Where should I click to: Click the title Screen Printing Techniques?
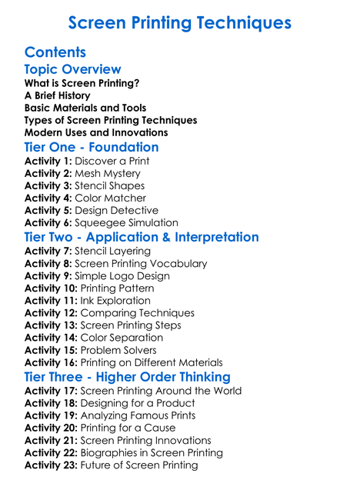click(x=179, y=23)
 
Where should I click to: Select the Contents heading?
click(x=55, y=52)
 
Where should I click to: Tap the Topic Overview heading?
click(x=72, y=69)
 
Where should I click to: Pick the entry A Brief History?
click(x=57, y=95)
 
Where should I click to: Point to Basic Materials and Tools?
click(x=85, y=108)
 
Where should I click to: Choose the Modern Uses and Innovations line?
click(x=96, y=132)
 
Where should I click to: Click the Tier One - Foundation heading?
click(x=92, y=147)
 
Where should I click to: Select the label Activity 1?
click(x=48, y=161)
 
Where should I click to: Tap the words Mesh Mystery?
click(x=110, y=173)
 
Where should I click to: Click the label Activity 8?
click(x=48, y=263)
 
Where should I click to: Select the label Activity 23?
click(x=51, y=465)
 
